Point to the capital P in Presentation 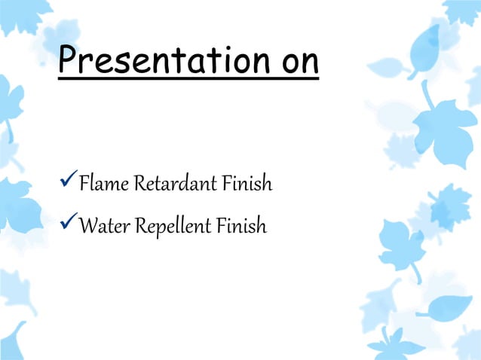(70, 59)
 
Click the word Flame (104, 183)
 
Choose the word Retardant (170, 183)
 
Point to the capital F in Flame (83, 183)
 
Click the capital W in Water (86, 225)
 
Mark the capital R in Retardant (139, 183)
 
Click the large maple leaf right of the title (445, 124)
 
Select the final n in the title (309, 63)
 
